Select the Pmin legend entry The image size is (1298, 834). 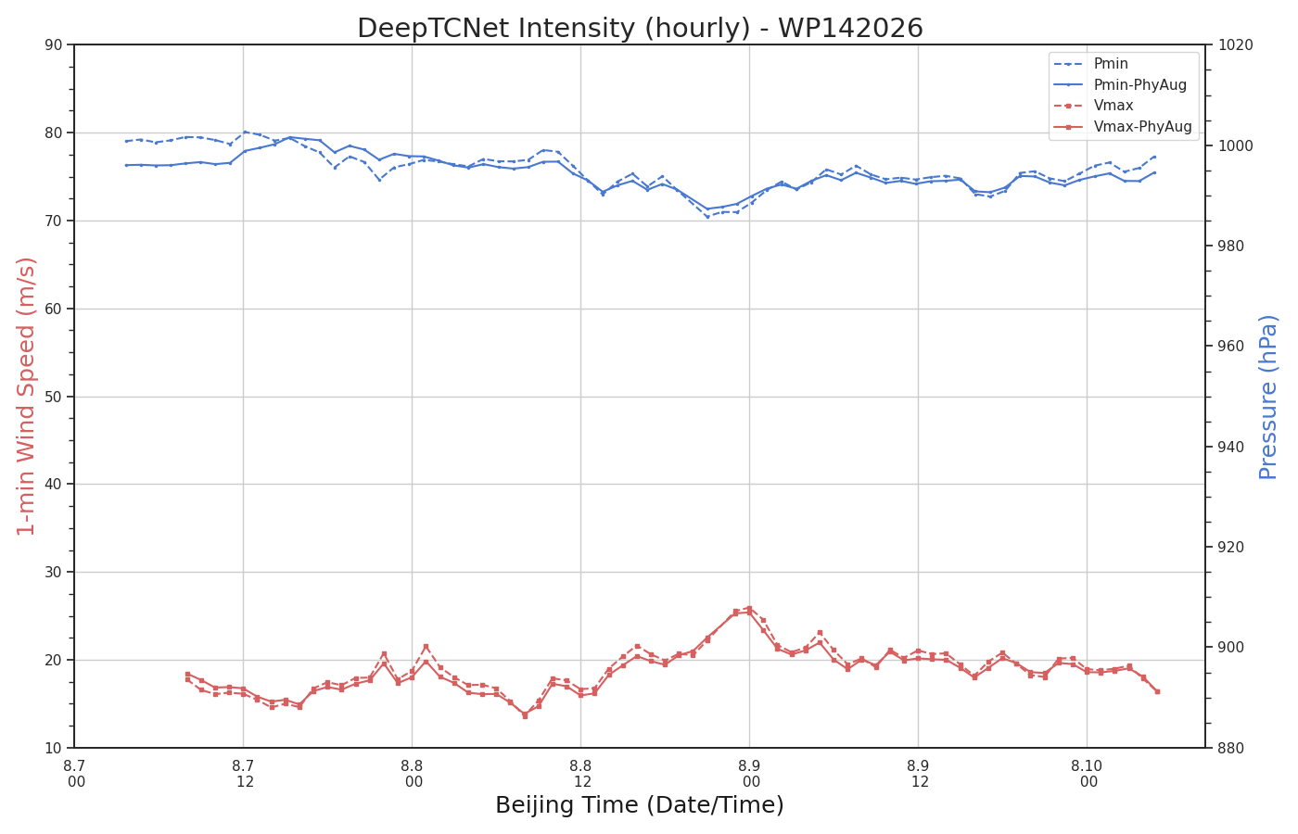(x=1090, y=63)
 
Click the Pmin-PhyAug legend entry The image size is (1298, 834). (x=1120, y=84)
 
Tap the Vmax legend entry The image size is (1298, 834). (x=1093, y=106)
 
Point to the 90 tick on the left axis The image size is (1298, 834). (x=54, y=44)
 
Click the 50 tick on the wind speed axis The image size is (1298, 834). (x=54, y=397)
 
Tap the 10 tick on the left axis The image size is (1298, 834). (x=54, y=749)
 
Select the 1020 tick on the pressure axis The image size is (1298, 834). (x=1235, y=44)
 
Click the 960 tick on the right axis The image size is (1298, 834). (x=1231, y=347)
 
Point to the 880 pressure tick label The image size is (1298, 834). (x=1231, y=749)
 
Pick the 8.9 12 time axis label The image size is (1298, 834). (x=919, y=774)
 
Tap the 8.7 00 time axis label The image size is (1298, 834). (x=75, y=774)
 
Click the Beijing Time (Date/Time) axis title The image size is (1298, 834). (x=640, y=805)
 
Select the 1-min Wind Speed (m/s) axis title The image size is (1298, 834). (x=26, y=397)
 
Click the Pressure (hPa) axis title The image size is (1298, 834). (x=1268, y=398)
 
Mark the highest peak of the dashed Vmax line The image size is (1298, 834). (x=749, y=609)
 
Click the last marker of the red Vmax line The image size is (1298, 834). (x=1157, y=691)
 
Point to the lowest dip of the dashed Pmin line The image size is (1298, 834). (x=707, y=217)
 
